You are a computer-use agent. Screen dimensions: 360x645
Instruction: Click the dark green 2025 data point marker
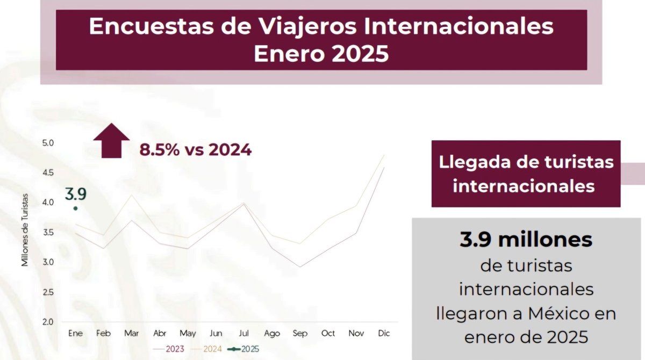[75, 208]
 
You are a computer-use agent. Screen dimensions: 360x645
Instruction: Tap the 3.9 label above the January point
[76, 194]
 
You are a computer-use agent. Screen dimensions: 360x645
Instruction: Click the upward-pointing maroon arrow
[111, 140]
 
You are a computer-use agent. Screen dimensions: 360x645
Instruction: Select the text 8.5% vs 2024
[195, 150]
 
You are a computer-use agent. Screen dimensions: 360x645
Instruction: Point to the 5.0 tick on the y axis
[48, 143]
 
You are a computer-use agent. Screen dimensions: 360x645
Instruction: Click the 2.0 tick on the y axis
[48, 322]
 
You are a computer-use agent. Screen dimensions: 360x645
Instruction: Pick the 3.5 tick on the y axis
[48, 233]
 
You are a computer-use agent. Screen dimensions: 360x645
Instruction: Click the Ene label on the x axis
[75, 334]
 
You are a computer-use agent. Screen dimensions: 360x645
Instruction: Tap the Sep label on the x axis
[300, 334]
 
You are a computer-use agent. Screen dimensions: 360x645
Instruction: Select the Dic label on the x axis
[384, 334]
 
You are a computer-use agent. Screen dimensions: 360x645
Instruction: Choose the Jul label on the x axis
[243, 334]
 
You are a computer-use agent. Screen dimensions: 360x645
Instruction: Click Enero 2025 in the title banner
[321, 54]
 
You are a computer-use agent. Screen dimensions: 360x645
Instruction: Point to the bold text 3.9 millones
[526, 240]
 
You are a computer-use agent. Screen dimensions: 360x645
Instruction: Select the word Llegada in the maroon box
[471, 162]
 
